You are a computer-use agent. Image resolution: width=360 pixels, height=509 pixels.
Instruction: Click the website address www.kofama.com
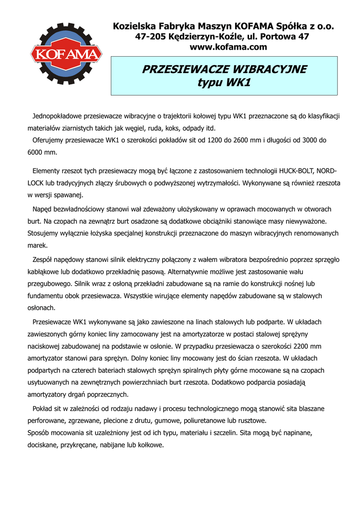pos(229,47)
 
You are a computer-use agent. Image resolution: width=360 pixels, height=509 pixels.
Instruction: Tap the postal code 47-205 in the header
pos(151,37)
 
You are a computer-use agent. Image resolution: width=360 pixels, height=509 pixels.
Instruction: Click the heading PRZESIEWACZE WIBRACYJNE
pos(224,69)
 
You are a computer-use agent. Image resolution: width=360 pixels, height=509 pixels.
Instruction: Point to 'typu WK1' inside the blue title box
pos(224,82)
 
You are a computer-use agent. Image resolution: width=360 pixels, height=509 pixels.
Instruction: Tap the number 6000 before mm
pos(36,152)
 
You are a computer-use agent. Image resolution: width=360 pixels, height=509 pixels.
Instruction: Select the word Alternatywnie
pos(188,272)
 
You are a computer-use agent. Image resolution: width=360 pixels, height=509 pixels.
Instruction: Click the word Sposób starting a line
pos(39,433)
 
